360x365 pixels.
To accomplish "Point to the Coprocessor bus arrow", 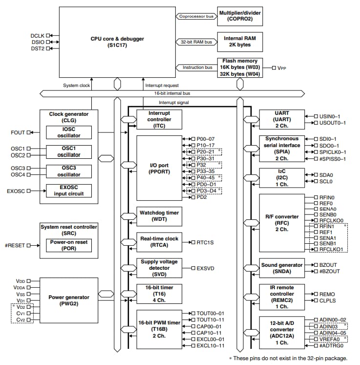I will tap(195, 16).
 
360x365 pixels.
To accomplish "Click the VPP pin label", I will tap(282, 68).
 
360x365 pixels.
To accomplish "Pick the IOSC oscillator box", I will tap(69, 132).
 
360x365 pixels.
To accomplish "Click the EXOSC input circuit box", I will tap(69, 191).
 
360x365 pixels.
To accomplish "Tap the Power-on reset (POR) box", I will tap(69, 245).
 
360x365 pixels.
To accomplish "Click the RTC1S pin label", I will tap(206, 241).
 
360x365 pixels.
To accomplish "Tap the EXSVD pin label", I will tap(206, 268).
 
